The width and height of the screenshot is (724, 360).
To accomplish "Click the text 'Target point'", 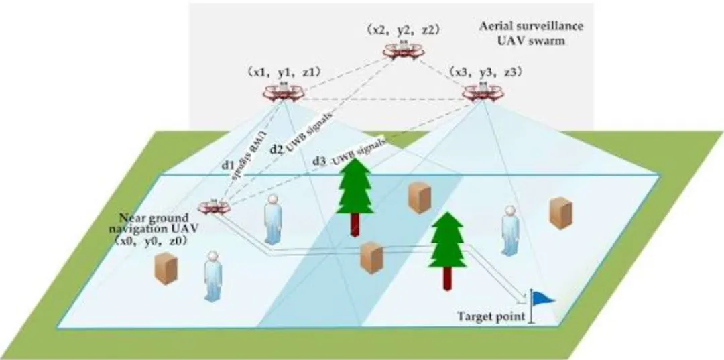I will (x=491, y=316).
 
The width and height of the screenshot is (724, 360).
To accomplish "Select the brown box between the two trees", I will (x=419, y=197).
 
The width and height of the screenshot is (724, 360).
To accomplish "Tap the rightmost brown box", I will (x=560, y=213).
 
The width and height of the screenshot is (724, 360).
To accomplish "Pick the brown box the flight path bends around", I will (x=371, y=258).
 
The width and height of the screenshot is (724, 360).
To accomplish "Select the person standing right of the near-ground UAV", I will (x=272, y=219).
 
